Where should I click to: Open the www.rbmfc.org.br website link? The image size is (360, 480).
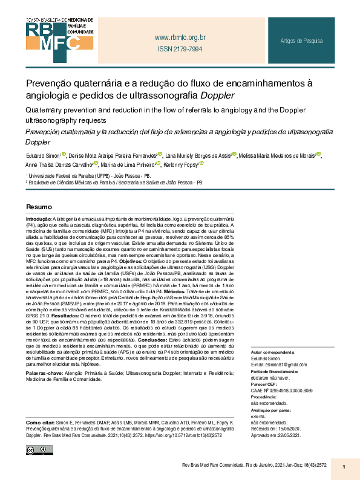(180, 37)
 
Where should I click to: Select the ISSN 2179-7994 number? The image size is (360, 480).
(180, 49)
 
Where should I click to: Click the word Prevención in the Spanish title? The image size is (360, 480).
(45, 131)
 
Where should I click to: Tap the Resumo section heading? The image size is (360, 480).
(38, 206)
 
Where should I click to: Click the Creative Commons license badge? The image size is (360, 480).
(37, 450)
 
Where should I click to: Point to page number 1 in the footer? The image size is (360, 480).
(343, 466)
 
